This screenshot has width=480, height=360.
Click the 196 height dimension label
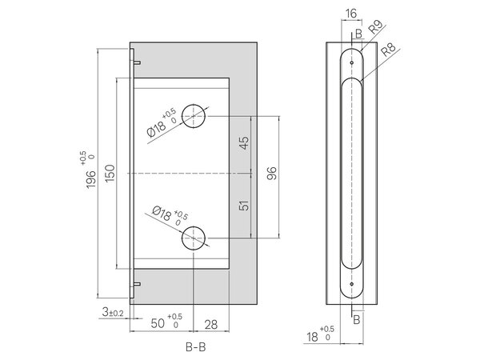91,179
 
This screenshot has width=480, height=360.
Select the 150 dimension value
110,173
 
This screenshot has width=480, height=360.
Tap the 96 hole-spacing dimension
271,174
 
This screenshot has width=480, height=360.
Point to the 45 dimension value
244,142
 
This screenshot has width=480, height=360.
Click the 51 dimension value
244,206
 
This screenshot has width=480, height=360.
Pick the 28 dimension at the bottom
210,325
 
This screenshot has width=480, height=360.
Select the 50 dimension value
158,323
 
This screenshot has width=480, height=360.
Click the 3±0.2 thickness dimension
113,313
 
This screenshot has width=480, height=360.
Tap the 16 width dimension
351,14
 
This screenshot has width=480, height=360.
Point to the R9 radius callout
376,27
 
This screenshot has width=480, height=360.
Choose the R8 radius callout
388,50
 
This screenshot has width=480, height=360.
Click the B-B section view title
196,347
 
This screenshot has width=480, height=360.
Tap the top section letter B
358,34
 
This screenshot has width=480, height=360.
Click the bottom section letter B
357,320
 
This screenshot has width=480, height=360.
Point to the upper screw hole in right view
352,62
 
